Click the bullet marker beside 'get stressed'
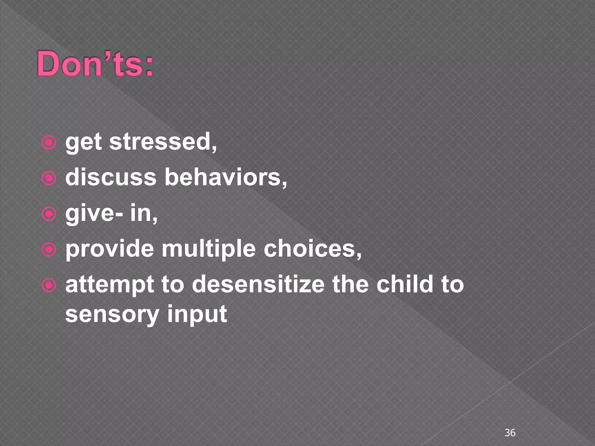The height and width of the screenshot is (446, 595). coord(49,143)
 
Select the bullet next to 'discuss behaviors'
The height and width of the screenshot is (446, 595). coord(49,179)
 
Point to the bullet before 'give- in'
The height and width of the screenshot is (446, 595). coord(49,214)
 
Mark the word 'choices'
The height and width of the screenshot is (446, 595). coord(312,249)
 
